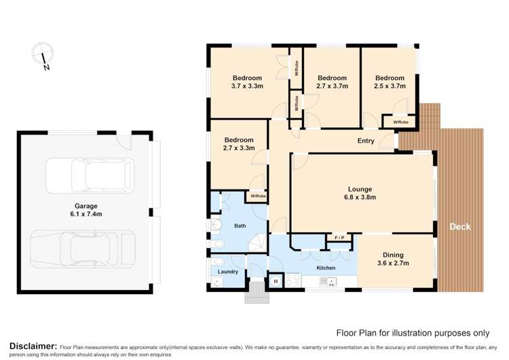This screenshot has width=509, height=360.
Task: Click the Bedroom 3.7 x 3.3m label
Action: [x=247, y=82]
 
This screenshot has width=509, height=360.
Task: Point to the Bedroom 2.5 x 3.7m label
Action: [x=390, y=82]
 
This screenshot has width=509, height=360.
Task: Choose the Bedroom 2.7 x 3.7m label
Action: [x=333, y=82]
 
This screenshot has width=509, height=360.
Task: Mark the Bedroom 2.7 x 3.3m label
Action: [x=238, y=144]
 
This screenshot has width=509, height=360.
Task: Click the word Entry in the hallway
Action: [x=366, y=141]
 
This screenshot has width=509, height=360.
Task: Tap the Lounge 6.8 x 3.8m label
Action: [x=361, y=194]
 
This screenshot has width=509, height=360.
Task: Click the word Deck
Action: [x=459, y=227]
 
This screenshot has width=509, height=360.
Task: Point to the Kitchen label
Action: [x=326, y=268]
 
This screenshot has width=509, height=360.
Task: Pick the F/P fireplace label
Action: [x=339, y=237]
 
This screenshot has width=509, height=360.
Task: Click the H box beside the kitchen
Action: [x=276, y=281]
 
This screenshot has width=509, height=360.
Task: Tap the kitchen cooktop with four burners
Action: [x=293, y=280]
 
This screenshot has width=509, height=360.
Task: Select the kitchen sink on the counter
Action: [x=331, y=281]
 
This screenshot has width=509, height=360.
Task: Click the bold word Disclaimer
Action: [x=29, y=346]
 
